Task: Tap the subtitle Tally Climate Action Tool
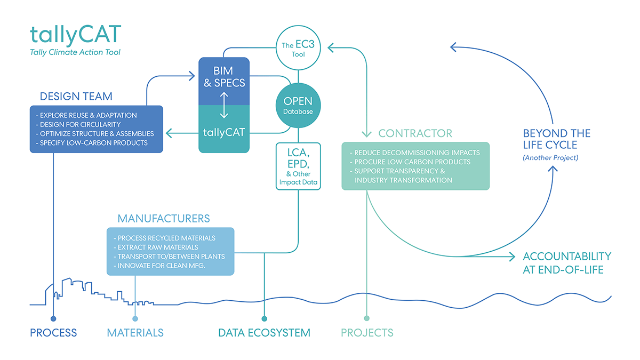(75, 52)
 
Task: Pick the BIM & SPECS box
(224, 77)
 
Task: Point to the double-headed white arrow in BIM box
(224, 105)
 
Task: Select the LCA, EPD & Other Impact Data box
(298, 166)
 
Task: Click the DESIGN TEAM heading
(76, 97)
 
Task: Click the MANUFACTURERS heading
(164, 219)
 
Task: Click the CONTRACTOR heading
(415, 133)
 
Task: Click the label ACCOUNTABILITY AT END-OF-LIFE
(567, 263)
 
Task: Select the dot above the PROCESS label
(53, 319)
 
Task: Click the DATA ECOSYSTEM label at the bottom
(264, 333)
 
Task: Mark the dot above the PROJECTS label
(366, 319)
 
